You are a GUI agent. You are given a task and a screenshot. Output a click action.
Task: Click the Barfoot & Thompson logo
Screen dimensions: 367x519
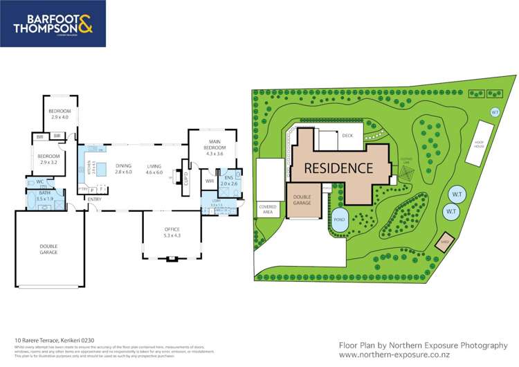53,24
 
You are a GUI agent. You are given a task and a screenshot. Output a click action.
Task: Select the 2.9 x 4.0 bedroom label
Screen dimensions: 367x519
59,114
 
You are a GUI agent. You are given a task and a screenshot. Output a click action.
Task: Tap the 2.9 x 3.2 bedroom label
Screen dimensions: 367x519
48,159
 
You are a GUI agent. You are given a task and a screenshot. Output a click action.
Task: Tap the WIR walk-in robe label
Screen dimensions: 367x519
210,181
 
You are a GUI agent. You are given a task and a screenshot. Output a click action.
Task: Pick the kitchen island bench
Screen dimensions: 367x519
103,169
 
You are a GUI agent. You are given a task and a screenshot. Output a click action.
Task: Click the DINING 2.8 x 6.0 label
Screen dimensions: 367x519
124,168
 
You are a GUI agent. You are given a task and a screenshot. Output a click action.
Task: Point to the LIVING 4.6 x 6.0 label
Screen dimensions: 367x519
154,168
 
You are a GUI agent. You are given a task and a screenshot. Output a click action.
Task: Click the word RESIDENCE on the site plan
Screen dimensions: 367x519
339,168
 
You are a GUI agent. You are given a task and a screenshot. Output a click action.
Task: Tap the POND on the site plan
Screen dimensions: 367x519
338,218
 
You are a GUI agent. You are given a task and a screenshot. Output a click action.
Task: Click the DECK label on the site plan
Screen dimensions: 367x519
347,136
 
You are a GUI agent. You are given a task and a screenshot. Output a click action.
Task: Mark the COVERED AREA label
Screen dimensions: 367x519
268,208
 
